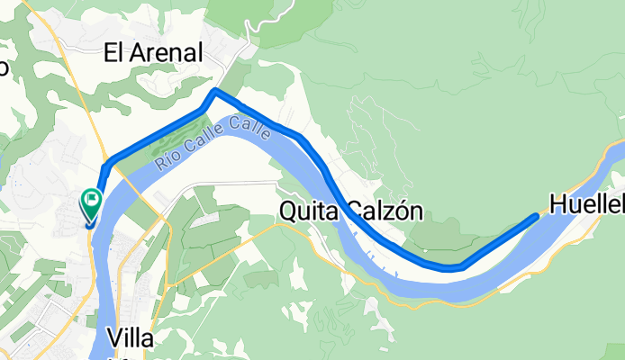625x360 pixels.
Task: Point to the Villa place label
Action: [136, 339]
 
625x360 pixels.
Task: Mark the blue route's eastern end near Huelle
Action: [537, 217]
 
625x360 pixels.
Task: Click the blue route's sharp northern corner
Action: [214, 92]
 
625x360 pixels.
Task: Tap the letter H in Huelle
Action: [560, 206]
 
